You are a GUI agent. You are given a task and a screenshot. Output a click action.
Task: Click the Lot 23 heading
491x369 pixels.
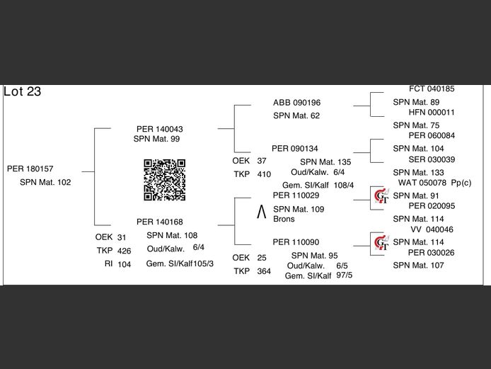[22, 91]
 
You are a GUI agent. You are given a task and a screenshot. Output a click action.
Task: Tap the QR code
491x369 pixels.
[165, 180]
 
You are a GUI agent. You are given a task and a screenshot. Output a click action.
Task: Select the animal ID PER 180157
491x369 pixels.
[30, 169]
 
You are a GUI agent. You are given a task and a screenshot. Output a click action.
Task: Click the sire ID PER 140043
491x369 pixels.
[160, 129]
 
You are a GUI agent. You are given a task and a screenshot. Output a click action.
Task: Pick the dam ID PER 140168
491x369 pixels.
[160, 222]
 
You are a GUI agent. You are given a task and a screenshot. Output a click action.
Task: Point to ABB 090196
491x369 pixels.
[296, 103]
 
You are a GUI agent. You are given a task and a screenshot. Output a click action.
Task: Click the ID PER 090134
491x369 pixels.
[295, 149]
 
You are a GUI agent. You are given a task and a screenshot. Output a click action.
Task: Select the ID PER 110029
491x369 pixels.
[296, 195]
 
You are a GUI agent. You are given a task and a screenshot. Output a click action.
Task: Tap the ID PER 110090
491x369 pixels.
[296, 242]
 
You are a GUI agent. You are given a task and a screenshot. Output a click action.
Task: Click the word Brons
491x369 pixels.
[284, 220]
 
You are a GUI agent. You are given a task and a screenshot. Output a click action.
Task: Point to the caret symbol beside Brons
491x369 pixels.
[261, 210]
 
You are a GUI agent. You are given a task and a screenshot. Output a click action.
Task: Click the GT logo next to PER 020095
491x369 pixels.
[381, 195]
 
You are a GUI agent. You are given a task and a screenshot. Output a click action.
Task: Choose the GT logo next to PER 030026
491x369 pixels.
[381, 243]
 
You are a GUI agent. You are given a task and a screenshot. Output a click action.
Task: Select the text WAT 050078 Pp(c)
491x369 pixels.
[435, 183]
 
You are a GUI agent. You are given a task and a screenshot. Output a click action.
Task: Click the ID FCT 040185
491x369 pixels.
[432, 89]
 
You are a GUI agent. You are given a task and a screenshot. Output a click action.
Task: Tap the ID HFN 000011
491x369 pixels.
[432, 113]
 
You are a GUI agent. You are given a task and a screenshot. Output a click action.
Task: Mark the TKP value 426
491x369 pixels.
[124, 251]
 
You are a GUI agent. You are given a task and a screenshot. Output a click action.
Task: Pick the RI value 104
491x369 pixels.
[124, 264]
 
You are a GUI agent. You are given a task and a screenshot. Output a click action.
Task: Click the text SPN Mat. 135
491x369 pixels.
[320, 161]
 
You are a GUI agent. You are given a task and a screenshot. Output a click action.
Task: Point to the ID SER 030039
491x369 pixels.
[432, 159]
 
